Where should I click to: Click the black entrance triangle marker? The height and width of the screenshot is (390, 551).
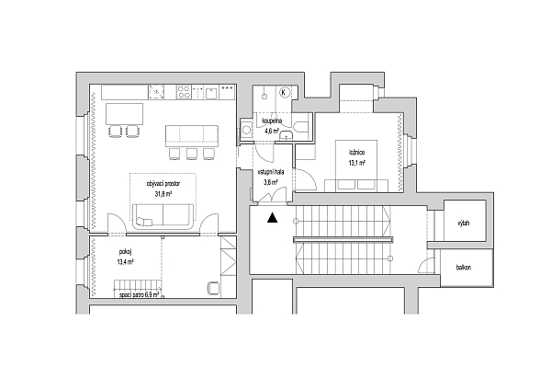[271, 219]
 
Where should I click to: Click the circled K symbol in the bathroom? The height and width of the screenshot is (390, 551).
[284, 92]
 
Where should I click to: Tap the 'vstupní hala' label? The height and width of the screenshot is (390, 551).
[271, 172]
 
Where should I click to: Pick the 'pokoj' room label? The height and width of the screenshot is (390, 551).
[125, 251]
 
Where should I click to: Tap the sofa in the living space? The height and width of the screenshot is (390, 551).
[163, 217]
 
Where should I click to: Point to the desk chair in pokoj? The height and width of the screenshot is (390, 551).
[213, 287]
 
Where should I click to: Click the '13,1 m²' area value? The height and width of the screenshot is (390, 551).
[357, 163]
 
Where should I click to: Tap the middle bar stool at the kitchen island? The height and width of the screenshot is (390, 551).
[191, 152]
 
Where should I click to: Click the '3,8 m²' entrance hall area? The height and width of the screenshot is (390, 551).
[271, 182]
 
